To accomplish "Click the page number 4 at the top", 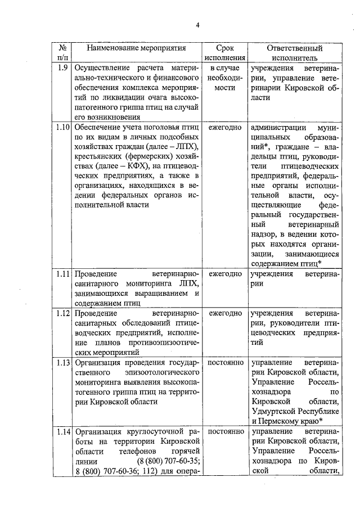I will click(198, 25).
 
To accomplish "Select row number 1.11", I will click(63, 273).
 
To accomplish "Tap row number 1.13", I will click(63, 363).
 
